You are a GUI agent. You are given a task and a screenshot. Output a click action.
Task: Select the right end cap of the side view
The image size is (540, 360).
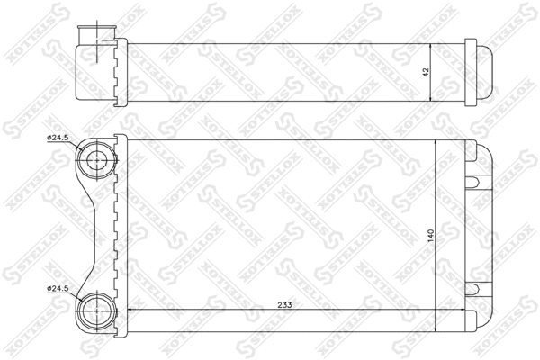tap(481, 70)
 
